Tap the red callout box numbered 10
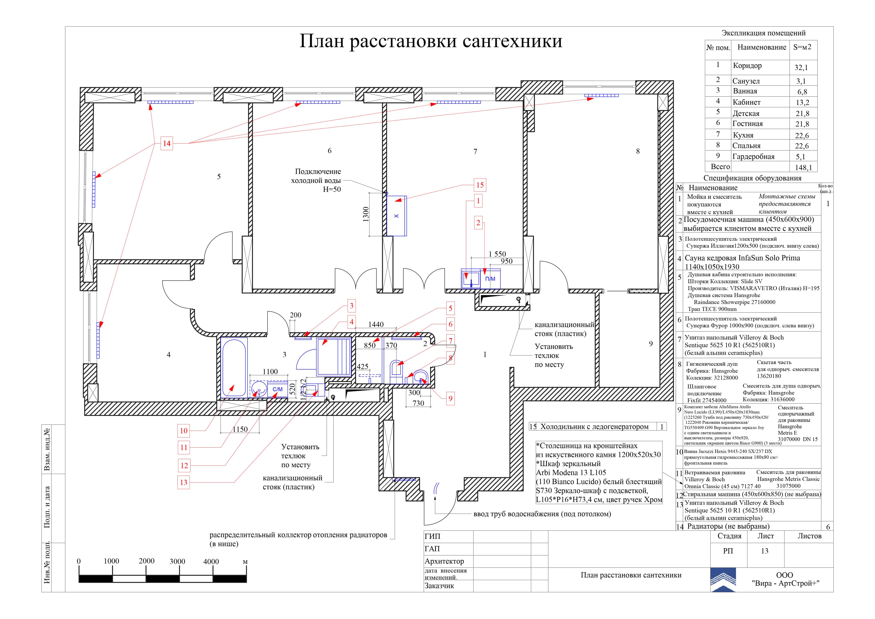(184, 431)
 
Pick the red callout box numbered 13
(184, 482)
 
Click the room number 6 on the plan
(330, 151)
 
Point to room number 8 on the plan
(638, 151)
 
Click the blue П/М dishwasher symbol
(490, 279)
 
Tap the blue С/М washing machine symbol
(278, 389)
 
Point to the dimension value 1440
(376, 325)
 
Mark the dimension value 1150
(240, 430)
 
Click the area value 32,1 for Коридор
(801, 67)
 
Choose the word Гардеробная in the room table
(753, 157)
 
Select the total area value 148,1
(803, 167)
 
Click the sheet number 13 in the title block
(764, 551)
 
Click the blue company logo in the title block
(723, 580)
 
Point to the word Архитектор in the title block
(444, 561)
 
